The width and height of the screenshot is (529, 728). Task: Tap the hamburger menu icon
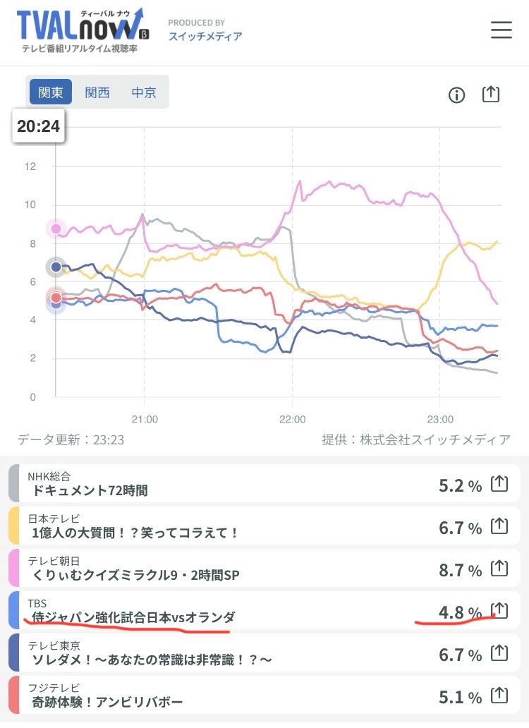501,30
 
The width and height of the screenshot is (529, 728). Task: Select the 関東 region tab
51,92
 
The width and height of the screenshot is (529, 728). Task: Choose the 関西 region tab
97,92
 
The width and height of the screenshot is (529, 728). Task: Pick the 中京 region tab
144,92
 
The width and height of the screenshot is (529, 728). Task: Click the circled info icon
457,95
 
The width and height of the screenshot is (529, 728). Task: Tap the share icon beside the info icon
490,95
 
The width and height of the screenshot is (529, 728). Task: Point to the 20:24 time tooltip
39,127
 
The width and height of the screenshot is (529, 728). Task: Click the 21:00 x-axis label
144,419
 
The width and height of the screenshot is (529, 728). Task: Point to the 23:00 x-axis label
439,419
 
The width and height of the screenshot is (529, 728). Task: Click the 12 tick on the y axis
30,167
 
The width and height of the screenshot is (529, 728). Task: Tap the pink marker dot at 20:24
56,229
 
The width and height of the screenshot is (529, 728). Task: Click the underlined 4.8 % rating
461,612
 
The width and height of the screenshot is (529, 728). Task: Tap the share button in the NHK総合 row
499,484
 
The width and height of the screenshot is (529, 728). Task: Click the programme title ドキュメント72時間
90,490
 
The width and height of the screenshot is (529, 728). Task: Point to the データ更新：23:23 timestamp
71,439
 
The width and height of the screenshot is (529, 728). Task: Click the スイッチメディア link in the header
205,36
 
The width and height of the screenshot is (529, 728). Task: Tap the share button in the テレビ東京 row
499,653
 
